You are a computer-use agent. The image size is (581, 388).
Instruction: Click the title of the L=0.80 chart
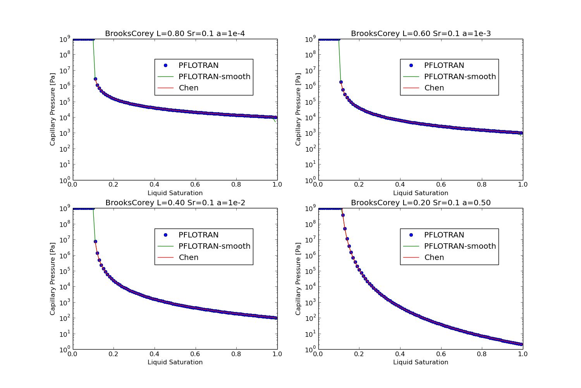tap(175, 34)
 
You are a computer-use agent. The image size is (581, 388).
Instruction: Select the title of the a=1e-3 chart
tap(421, 34)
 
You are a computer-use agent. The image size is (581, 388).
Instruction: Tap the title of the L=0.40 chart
tap(175, 203)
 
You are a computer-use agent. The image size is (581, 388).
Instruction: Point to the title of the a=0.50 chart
tap(421, 203)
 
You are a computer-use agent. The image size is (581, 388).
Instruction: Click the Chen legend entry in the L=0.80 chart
tap(189, 88)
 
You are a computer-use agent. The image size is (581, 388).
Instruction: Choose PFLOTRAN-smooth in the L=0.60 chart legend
tap(460, 77)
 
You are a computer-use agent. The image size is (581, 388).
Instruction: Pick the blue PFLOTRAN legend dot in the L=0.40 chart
tap(165, 235)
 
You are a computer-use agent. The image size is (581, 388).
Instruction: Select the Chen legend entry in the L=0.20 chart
tap(434, 258)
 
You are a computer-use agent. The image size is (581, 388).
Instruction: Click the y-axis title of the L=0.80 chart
tap(53, 109)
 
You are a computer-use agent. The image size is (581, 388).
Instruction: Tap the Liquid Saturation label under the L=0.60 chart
tap(421, 193)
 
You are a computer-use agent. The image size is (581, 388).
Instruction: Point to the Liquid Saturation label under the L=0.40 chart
tap(175, 362)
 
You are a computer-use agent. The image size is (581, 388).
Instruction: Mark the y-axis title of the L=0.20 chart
tap(298, 279)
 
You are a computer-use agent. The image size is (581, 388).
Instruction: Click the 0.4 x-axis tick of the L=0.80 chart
tap(155, 185)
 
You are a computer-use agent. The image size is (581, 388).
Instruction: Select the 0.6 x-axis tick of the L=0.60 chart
tap(441, 185)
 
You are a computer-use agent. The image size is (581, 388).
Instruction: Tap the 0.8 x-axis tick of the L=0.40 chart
tap(236, 354)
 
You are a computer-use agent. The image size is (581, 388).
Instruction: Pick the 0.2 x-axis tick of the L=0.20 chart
tap(359, 354)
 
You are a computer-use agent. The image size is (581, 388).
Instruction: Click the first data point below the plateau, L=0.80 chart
tap(95, 79)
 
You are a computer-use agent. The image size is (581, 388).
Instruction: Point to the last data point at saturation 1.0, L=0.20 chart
tap(521, 344)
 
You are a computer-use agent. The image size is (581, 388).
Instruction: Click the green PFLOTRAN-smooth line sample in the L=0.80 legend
tap(165, 77)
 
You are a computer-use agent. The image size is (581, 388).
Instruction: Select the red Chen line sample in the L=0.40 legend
tap(165, 258)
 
